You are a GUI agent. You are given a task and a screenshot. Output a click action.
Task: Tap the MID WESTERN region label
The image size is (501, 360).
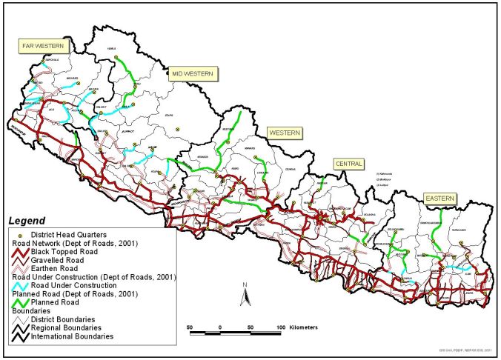pos(192,73)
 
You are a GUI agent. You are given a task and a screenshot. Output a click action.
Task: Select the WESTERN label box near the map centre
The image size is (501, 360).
pos(284,133)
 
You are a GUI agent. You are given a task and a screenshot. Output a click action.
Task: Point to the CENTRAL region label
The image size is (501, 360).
pos(348,163)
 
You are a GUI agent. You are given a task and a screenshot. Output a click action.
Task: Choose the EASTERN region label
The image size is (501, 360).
pos(439,199)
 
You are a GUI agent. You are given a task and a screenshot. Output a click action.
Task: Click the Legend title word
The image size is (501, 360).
pos(27,221)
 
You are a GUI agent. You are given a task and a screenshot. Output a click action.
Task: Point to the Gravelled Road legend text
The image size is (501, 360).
pos(56,260)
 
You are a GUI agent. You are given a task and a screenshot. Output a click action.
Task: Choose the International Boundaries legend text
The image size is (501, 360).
pos(73,336)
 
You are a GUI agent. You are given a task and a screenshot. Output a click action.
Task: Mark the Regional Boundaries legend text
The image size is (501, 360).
pos(66,327)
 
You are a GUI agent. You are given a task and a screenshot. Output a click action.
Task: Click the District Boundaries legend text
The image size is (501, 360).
pos(63,319)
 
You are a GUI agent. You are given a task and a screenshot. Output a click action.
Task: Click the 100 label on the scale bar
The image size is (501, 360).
pos(281,326)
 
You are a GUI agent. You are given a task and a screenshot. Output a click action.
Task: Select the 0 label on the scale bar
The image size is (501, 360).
pos(220,326)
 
